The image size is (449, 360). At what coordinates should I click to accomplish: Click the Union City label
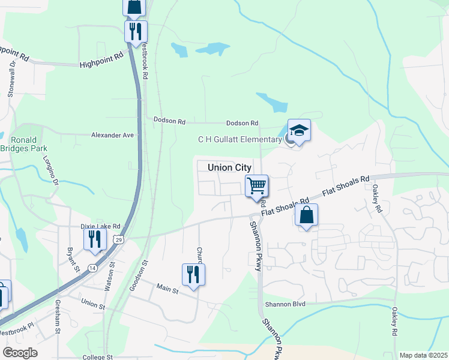[x=229, y=167]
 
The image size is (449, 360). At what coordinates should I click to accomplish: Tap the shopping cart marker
[x=256, y=185]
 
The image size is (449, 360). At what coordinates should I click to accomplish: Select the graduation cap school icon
[x=299, y=130]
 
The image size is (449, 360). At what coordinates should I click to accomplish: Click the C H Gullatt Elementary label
[x=240, y=140]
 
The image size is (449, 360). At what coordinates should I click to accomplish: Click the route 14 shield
[x=92, y=268]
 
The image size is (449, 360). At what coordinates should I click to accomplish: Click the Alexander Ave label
[x=112, y=135]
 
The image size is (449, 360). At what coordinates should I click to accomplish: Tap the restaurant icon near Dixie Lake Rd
[x=95, y=239]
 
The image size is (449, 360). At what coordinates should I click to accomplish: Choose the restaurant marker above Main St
[x=193, y=274]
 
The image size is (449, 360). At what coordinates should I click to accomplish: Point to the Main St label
[x=167, y=290]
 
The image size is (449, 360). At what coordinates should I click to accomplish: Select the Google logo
[x=20, y=352]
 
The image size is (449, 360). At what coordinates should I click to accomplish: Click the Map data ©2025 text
[x=423, y=355]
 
